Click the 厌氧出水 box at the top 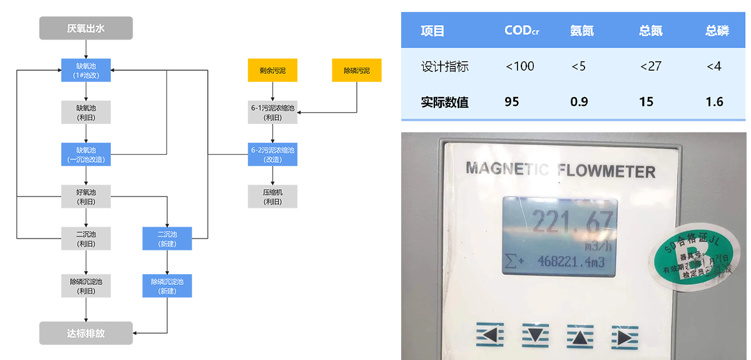pos(86,28)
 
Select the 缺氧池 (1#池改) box pos(86,70)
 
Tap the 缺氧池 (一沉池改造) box pos(86,154)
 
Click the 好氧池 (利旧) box pos(86,196)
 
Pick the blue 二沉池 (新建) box pos(167,238)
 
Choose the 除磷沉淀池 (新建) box pos(167,286)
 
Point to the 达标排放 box pos(86,333)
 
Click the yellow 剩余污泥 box pos(272,70)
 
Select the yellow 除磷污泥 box pos(357,70)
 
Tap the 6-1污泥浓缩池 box pos(272,112)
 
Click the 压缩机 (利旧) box pos(272,196)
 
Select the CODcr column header pos(521,31)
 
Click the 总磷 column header pos(717,31)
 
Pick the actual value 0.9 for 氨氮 pos(580,101)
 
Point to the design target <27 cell pos(650,66)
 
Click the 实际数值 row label pos(444,101)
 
